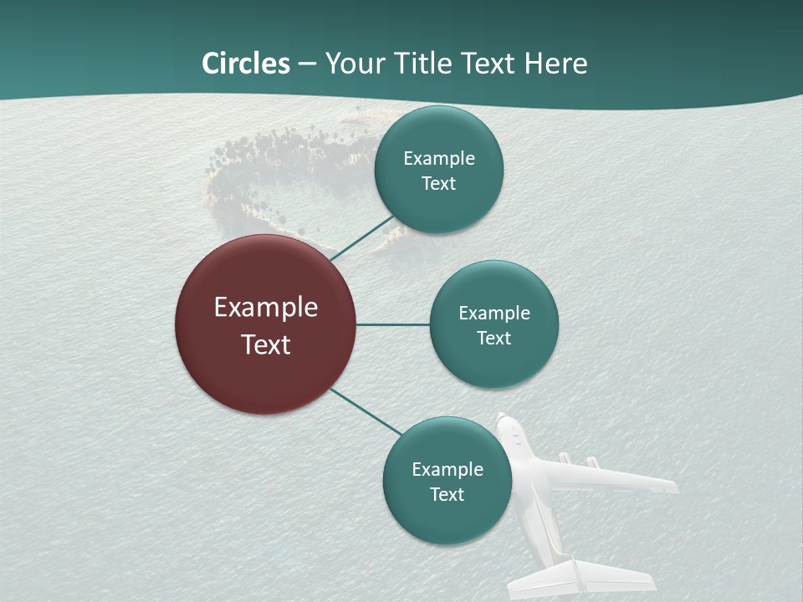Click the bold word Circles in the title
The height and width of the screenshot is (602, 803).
coord(245,64)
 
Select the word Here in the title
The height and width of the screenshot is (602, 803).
coord(555,64)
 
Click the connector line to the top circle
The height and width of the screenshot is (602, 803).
coord(361,237)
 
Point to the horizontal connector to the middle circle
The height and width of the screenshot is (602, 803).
coord(392,324)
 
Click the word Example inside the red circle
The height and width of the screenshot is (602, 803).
coord(266,308)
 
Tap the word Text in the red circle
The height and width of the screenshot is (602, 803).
coord(266,344)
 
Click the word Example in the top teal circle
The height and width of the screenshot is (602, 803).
coord(438,159)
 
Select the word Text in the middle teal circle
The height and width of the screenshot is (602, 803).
coord(494,338)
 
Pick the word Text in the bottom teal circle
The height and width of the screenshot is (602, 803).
coord(447,494)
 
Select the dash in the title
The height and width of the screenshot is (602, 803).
coord(307,64)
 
